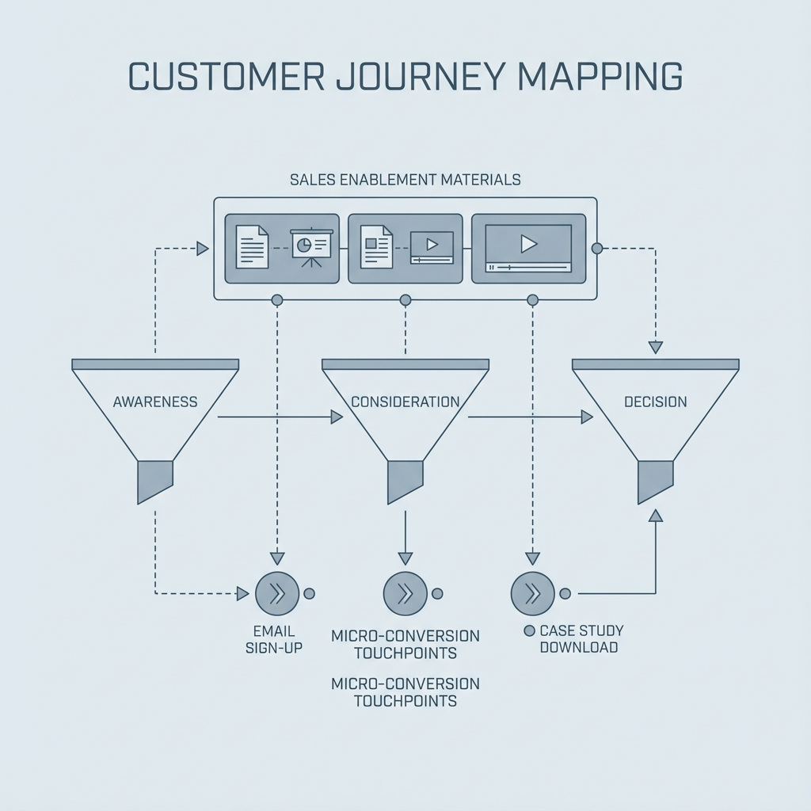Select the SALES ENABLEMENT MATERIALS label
[x=405, y=180]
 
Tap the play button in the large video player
[x=528, y=244]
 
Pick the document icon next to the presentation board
[x=252, y=247]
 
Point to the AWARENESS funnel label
[x=155, y=402]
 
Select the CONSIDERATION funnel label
[x=405, y=402]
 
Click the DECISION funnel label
[x=655, y=402]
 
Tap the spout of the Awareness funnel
[x=154, y=480]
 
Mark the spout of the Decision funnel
[x=655, y=480]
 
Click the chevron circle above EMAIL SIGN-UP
[x=277, y=593]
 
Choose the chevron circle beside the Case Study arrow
[x=532, y=593]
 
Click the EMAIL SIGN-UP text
[x=274, y=639]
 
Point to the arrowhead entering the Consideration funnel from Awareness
[x=337, y=417]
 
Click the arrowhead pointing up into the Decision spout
[x=655, y=516]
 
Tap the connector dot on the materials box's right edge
[x=597, y=248]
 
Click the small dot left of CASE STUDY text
[x=529, y=631]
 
